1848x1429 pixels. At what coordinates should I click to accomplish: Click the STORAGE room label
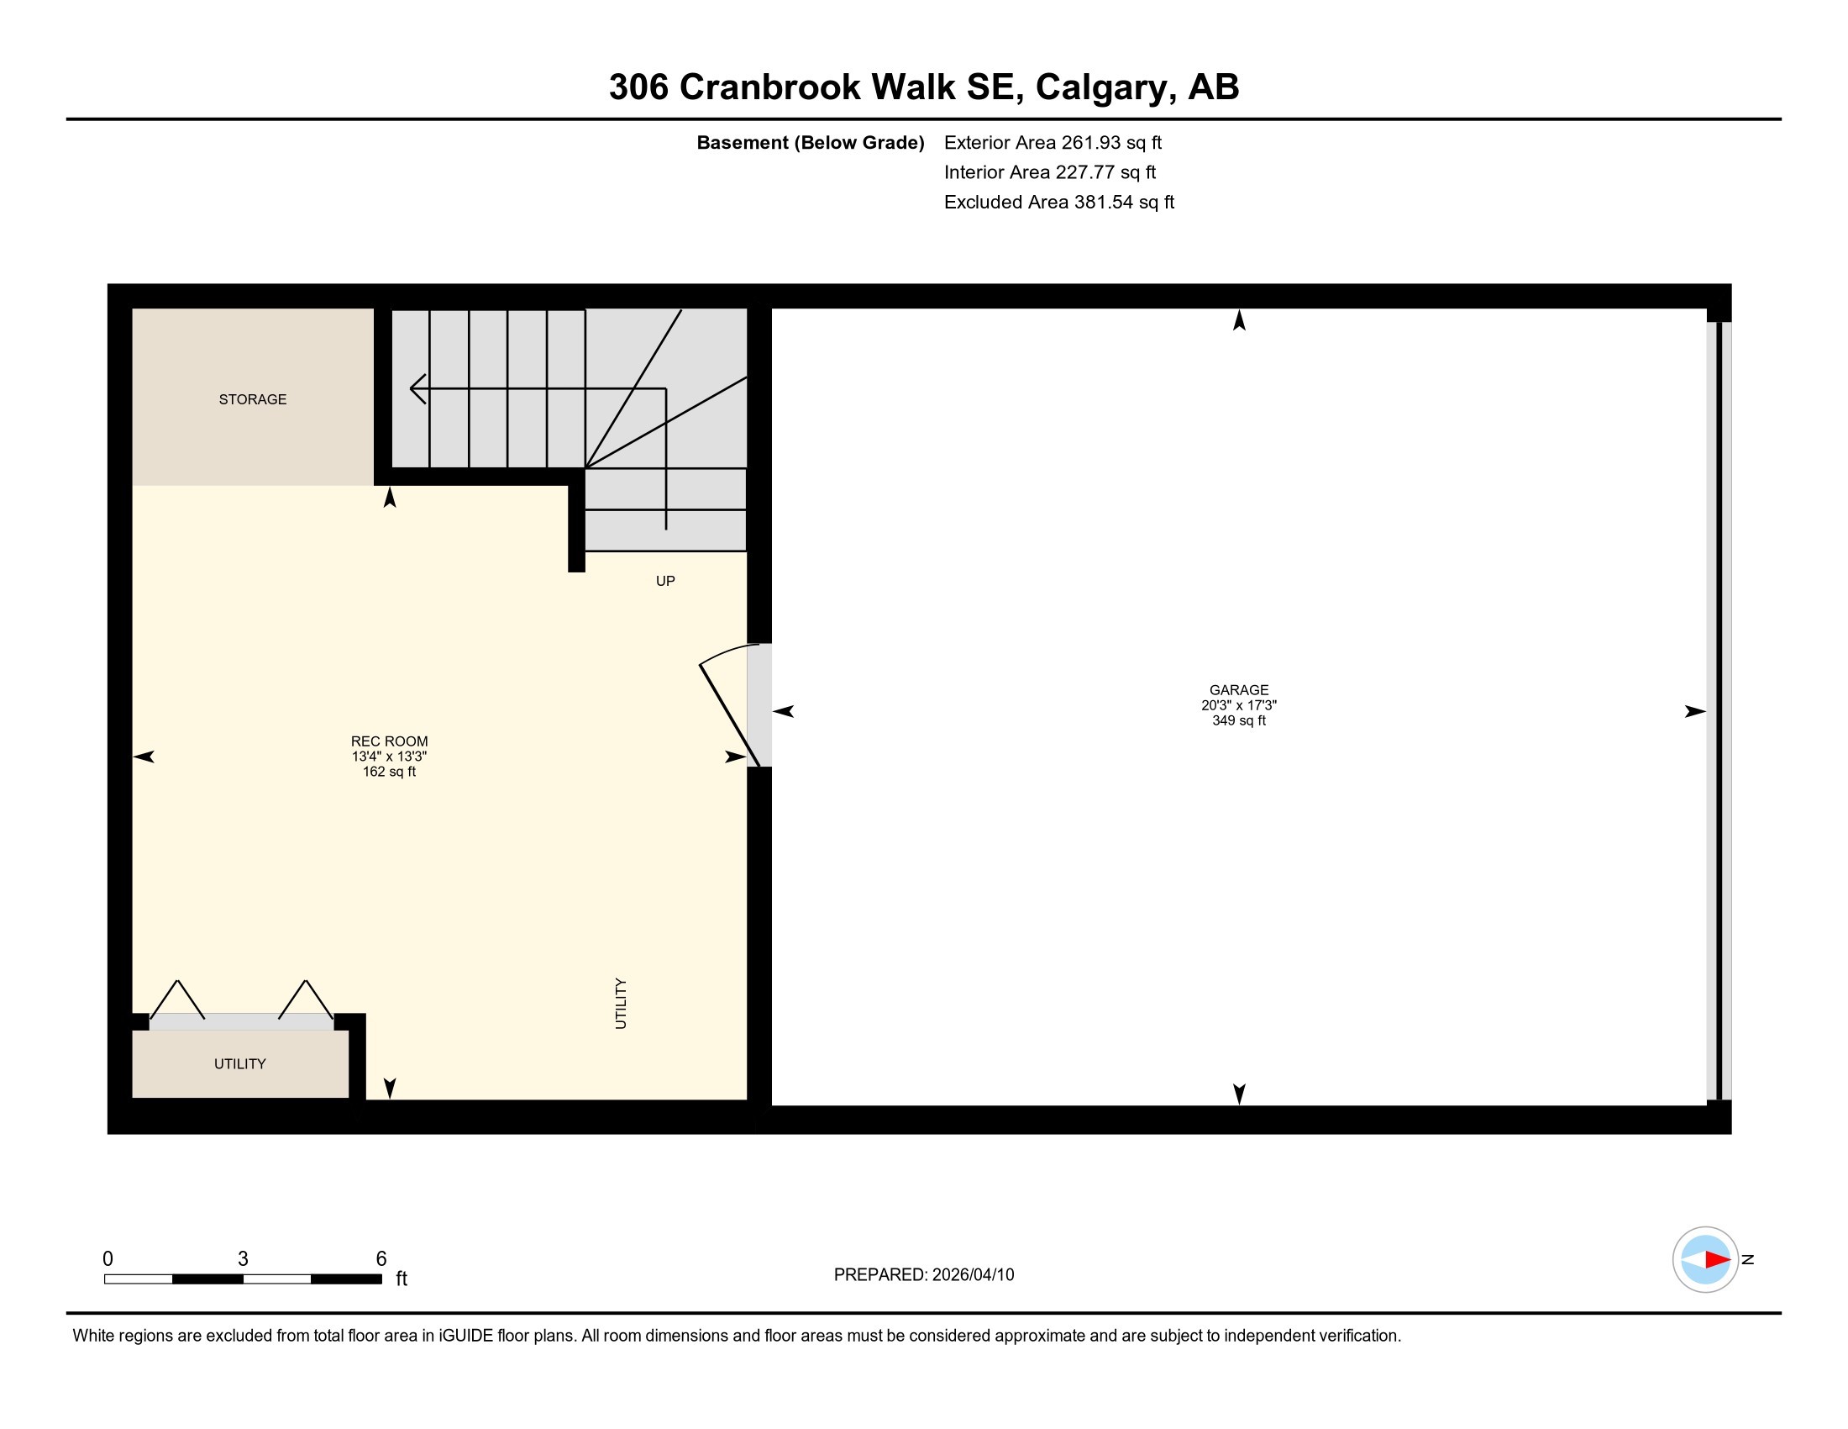tap(252, 399)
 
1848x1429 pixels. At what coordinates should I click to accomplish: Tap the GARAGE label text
tap(1239, 690)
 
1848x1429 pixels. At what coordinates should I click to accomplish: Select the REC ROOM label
tap(389, 741)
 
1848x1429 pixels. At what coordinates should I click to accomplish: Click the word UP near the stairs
tap(665, 581)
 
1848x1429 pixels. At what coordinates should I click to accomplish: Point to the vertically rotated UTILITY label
tap(621, 1004)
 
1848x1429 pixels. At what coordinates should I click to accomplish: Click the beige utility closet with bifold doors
tap(240, 1063)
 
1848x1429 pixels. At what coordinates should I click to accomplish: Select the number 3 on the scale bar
tap(243, 1259)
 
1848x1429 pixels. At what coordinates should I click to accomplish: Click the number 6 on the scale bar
tap(381, 1259)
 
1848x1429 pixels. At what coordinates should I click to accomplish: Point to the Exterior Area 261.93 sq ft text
tap(1053, 142)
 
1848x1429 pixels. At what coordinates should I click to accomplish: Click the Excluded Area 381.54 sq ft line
tap(1059, 202)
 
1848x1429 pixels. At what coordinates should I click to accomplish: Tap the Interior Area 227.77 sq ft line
tap(1050, 171)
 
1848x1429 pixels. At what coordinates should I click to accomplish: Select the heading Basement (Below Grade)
tap(810, 142)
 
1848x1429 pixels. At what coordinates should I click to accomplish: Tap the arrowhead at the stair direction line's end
tap(417, 388)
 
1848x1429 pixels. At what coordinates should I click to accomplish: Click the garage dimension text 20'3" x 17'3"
tap(1239, 705)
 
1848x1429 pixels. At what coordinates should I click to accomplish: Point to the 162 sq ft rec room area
tap(389, 772)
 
